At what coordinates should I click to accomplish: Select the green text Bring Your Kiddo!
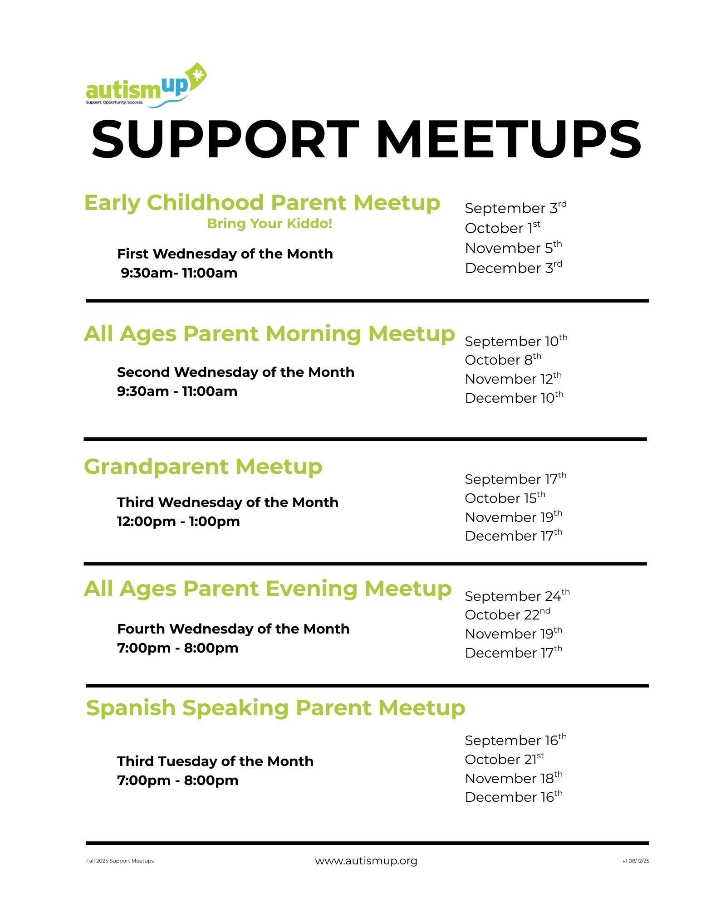270,224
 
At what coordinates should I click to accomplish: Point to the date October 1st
502,228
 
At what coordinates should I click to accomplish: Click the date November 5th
513,248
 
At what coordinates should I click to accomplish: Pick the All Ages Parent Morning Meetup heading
269,334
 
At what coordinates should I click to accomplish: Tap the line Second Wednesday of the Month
235,372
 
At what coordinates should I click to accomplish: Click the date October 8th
503,360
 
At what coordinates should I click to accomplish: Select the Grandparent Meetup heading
203,466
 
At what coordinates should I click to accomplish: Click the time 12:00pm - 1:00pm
178,521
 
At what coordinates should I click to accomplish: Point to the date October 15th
505,498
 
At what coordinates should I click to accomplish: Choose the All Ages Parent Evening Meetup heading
267,589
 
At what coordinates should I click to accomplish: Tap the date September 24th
517,596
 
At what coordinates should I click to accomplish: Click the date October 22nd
507,614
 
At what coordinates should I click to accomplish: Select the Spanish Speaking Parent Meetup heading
275,707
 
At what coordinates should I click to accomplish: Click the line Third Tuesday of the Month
215,761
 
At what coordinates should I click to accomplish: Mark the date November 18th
513,778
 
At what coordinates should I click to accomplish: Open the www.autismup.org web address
366,861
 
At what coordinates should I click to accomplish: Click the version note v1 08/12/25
636,861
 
